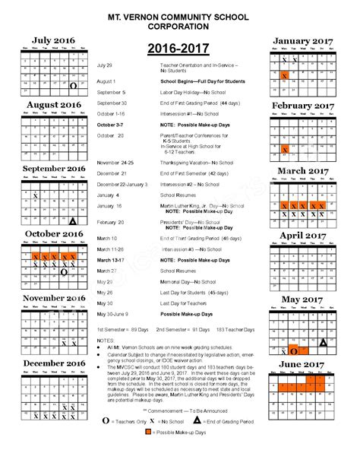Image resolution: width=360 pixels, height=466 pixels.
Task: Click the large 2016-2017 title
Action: pos(177,47)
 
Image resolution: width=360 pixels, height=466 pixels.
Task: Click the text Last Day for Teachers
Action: pos(186,303)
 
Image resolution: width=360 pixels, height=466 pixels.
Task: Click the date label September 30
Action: pos(112,102)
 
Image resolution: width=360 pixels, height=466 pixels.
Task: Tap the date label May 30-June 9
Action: pos(113,314)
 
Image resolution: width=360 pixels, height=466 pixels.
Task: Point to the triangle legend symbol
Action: pos(195,440)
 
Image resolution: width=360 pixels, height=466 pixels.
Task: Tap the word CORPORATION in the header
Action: pos(180,26)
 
